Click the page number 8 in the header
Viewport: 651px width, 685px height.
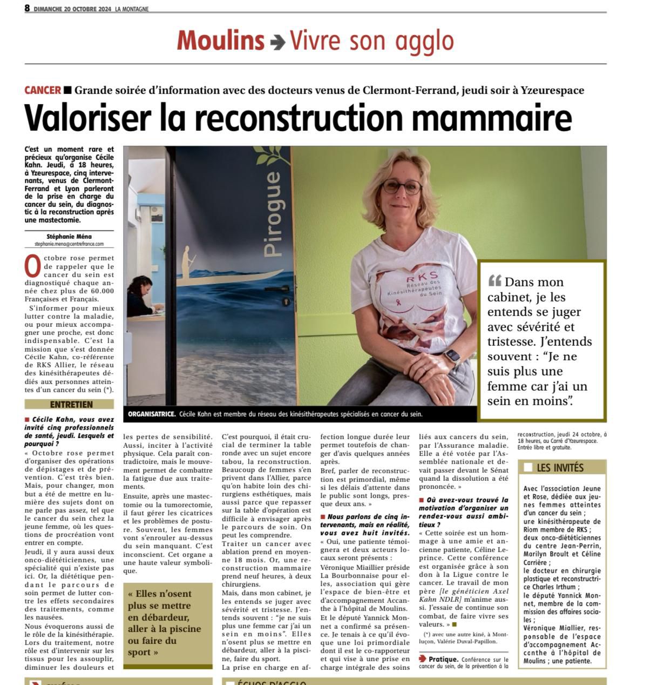tap(27, 9)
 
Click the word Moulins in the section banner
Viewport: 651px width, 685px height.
tap(220, 41)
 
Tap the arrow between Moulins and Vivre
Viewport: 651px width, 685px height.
tap(277, 42)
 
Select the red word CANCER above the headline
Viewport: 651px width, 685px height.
tap(42, 90)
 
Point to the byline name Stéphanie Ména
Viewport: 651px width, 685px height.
tap(69, 236)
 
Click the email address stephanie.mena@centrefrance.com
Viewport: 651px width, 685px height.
tap(69, 244)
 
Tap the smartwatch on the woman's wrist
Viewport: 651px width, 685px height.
tap(452, 357)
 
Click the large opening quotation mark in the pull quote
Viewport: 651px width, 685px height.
tap(494, 280)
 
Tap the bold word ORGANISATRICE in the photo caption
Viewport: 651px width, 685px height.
tap(152, 414)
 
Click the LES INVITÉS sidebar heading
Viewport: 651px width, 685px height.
tap(560, 467)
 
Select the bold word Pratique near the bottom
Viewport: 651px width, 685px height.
tap(443, 659)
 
